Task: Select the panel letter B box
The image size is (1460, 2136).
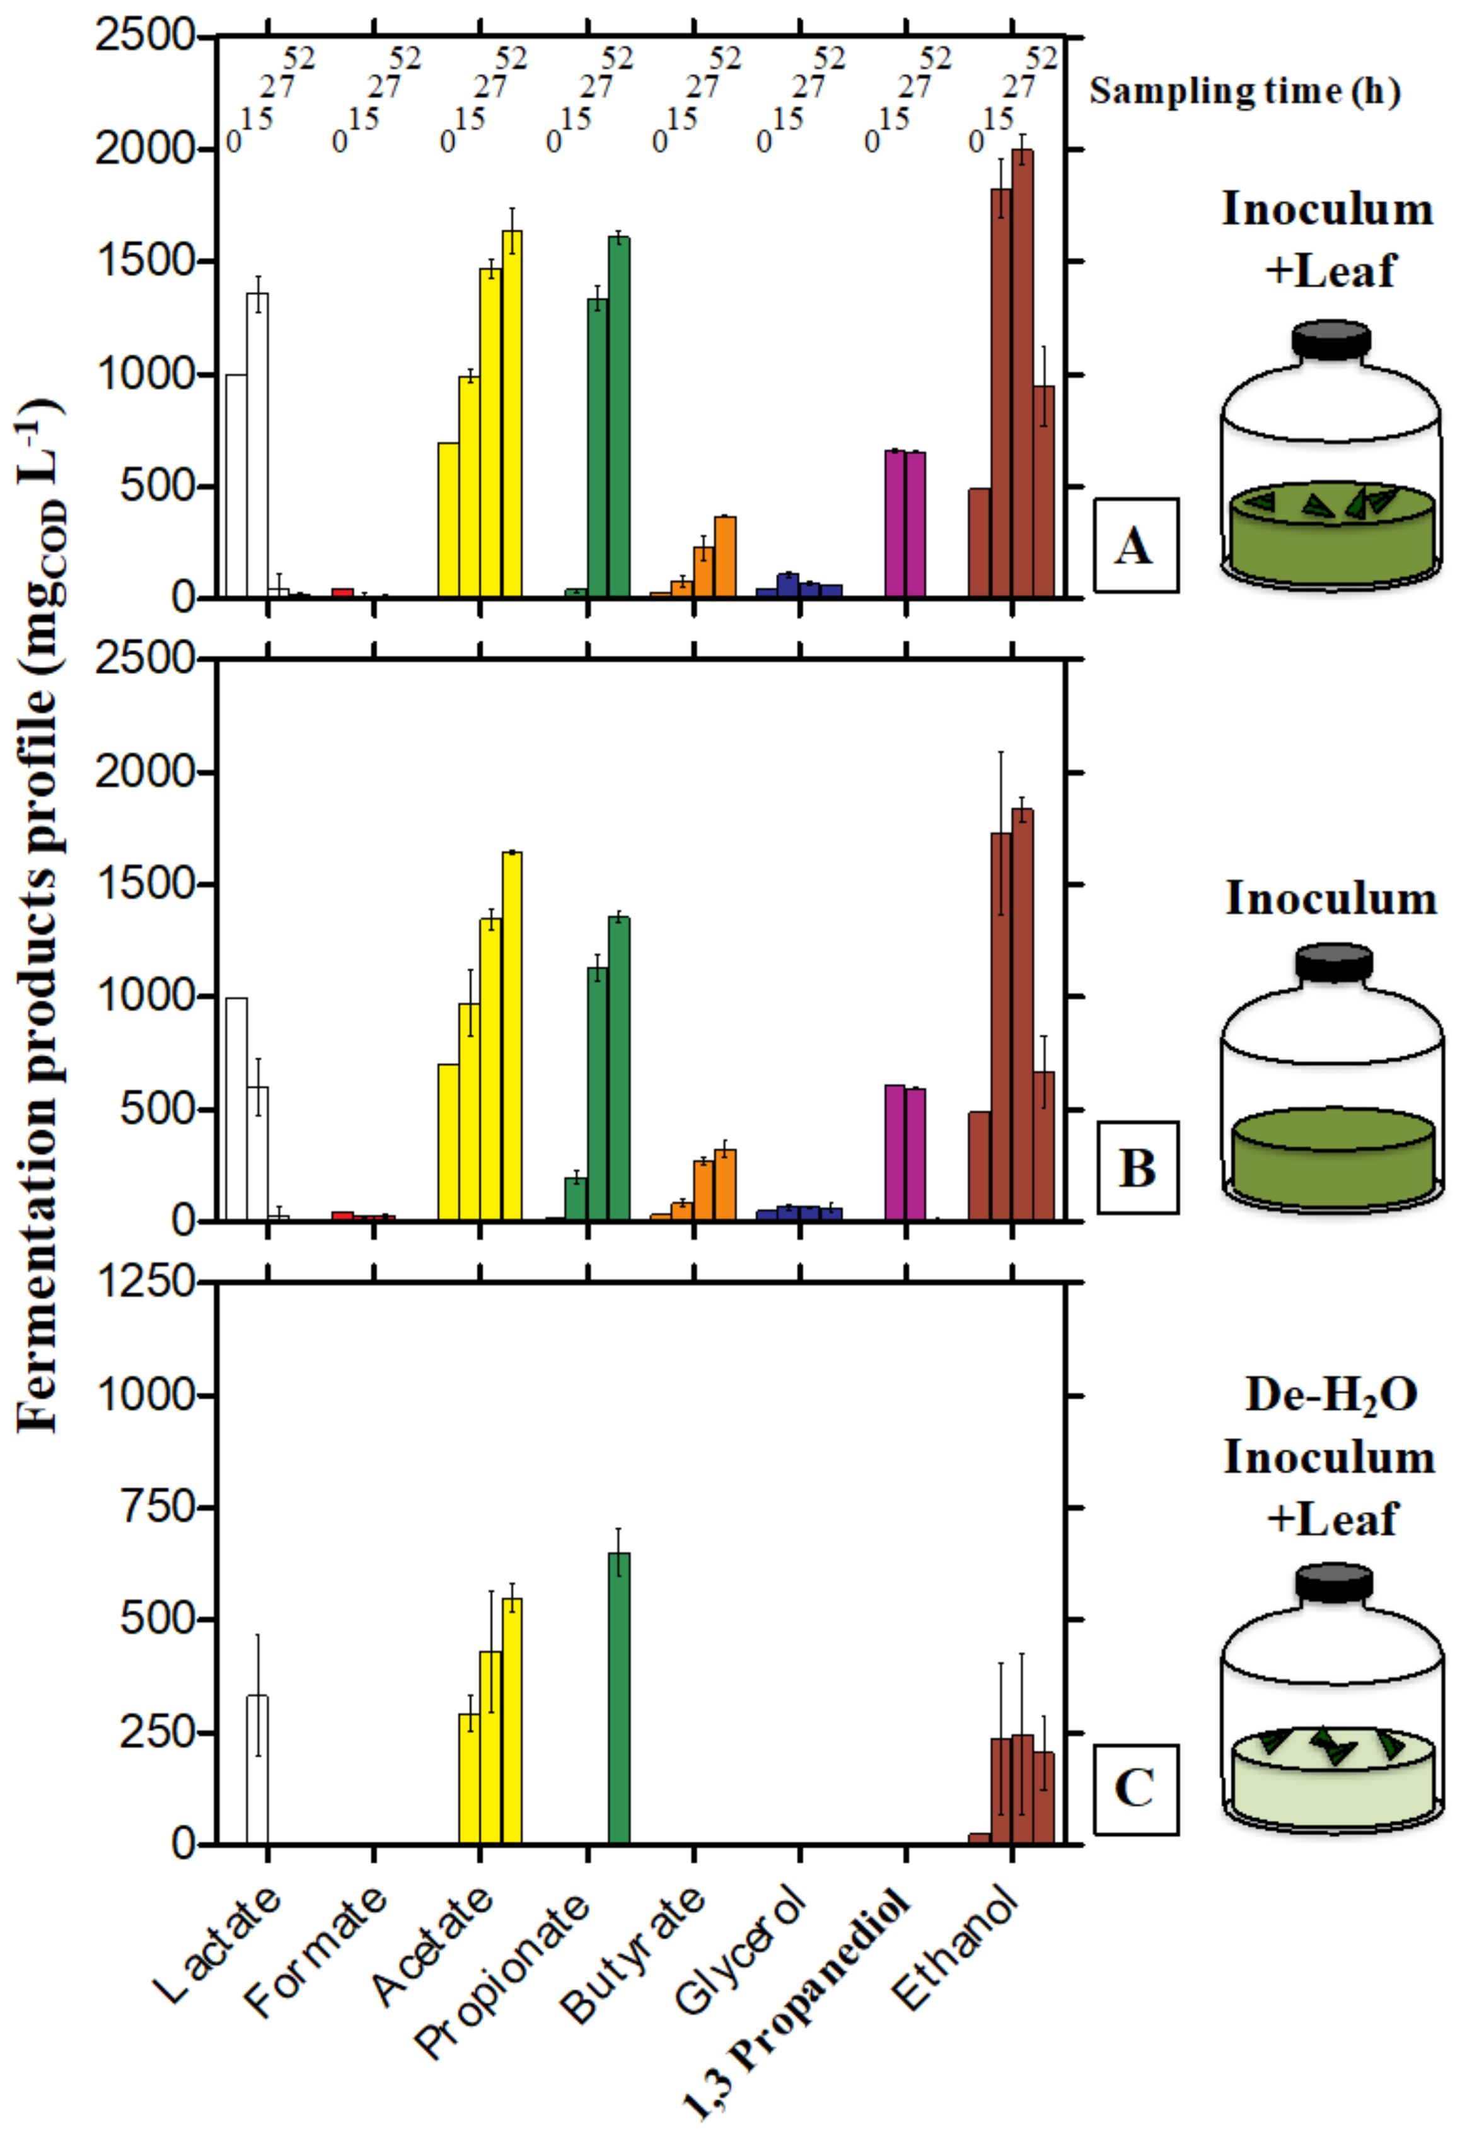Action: pyautogui.click(x=1137, y=1167)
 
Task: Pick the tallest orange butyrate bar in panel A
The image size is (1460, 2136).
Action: pyautogui.click(x=725, y=557)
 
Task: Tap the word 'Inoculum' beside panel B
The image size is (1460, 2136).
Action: pyautogui.click(x=1330, y=898)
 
